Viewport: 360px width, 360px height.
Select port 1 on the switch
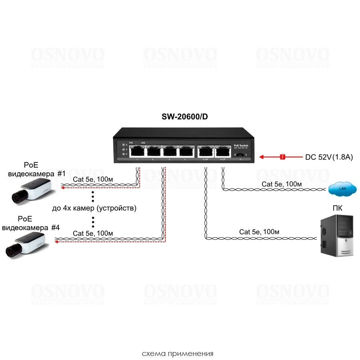coord(137,151)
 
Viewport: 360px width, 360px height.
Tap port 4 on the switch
coord(185,151)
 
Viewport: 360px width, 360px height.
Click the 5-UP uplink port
coord(205,151)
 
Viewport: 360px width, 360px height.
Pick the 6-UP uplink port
coord(222,151)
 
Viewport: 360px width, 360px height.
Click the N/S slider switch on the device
coord(240,154)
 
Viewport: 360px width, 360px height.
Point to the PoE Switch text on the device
coord(241,145)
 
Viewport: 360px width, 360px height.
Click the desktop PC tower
coord(338,236)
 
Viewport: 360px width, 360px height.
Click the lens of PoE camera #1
coord(17,196)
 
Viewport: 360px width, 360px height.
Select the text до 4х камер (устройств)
coord(94,208)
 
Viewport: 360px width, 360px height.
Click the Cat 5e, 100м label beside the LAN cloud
coord(282,184)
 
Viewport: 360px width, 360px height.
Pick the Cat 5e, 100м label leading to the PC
coord(259,232)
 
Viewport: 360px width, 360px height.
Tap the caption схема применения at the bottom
coord(178,354)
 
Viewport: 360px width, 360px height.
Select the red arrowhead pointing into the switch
coord(262,157)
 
